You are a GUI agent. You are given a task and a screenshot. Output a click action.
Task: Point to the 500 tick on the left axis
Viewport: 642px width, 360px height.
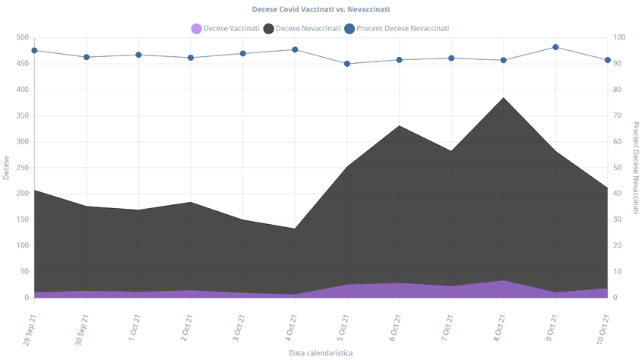pos(22,37)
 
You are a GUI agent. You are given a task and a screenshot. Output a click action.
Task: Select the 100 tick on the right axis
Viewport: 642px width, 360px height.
pos(618,37)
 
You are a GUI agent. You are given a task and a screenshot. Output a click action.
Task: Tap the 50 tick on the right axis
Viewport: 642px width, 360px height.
pos(617,168)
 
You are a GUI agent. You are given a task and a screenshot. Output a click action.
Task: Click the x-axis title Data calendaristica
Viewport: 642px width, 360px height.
pos(320,353)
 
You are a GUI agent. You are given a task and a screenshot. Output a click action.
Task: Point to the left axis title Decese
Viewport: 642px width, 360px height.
pos(6,168)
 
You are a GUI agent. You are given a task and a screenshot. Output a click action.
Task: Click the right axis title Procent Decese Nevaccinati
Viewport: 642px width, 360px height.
pos(635,168)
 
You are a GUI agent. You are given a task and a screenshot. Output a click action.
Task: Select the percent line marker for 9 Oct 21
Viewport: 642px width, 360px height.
pos(555,47)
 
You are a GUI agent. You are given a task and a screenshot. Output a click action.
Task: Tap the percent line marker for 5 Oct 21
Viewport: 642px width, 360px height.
pos(347,64)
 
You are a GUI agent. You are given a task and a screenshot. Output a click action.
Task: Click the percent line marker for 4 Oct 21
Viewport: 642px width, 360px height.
pos(295,50)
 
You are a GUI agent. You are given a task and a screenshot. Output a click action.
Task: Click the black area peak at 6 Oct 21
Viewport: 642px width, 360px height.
pos(399,125)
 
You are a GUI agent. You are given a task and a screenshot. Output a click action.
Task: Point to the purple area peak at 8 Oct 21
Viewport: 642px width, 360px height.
pos(503,281)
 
